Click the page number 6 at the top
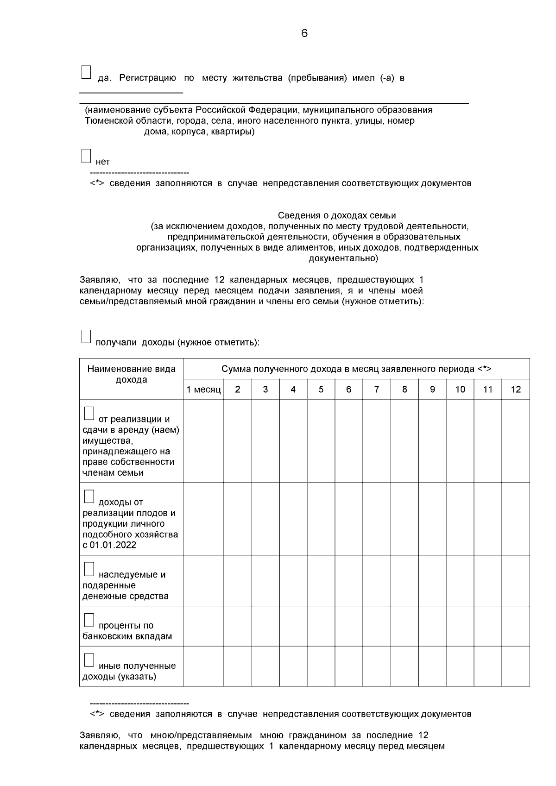pos(304,33)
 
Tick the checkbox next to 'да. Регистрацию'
pos(86,73)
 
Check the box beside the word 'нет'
pos(86,156)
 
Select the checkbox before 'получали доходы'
pos(86,337)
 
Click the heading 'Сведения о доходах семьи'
pos(337,215)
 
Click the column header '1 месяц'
pos(203,390)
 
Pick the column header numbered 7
pos(376,390)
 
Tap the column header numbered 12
pos(515,390)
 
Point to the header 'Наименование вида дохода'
pos(132,374)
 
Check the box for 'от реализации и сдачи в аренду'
pos(89,414)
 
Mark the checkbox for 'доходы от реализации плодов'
pos(89,497)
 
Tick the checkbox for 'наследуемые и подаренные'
pos(89,569)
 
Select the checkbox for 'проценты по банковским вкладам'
pos(89,620)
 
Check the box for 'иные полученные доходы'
pos(89,660)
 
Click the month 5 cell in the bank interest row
pos(321,626)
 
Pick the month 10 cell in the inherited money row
pos(460,580)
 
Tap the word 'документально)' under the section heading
pos(343,258)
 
